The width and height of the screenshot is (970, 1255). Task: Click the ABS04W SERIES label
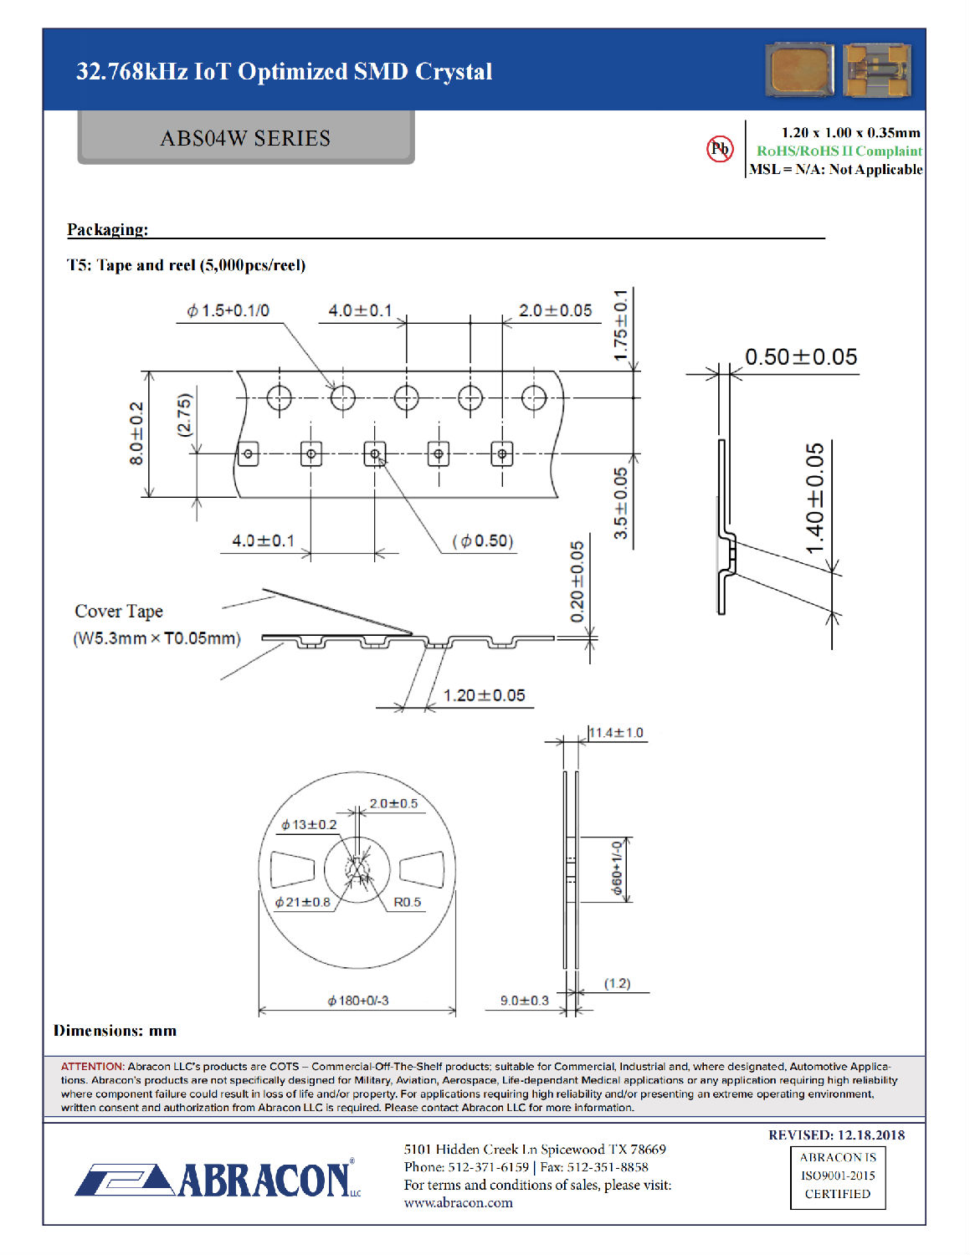coord(245,138)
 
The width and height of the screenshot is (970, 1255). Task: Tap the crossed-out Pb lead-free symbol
coord(720,149)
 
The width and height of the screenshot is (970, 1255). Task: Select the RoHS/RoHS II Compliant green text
coord(839,151)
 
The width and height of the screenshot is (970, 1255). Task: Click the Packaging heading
coord(107,229)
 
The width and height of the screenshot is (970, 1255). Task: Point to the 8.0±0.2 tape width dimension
coord(136,433)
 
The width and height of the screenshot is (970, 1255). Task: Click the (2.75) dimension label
coord(184,414)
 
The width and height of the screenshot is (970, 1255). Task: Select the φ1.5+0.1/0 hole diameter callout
coord(228,310)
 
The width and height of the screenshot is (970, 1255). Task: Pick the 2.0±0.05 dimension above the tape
coord(555,310)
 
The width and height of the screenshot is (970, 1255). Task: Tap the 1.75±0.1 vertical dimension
coord(620,325)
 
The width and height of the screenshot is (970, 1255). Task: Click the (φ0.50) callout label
coord(483,540)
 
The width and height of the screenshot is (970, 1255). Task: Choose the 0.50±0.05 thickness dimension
coord(801,357)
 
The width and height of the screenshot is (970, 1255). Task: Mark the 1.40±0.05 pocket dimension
coord(814,499)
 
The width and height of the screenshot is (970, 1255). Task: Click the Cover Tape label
coord(119,612)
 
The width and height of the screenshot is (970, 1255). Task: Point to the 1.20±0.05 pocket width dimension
coord(484,695)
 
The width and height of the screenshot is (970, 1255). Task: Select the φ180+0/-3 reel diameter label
coord(357,1001)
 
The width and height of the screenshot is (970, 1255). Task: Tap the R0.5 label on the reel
coord(407,902)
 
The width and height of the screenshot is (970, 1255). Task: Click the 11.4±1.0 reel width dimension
coord(616,733)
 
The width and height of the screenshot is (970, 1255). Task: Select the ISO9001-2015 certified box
coord(838,1176)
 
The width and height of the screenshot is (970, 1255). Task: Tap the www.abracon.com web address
coord(458,1203)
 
